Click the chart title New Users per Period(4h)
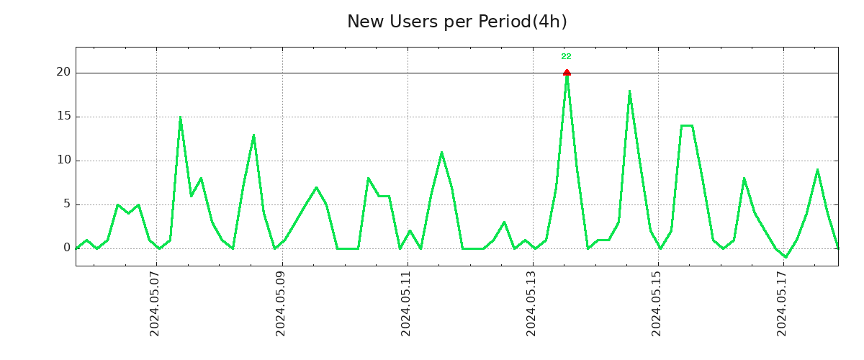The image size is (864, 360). pyautogui.click(x=456, y=22)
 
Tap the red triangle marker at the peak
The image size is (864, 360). pyautogui.click(x=567, y=72)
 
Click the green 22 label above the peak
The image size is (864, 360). pyautogui.click(x=566, y=56)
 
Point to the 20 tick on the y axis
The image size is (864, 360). pyautogui.click(x=63, y=72)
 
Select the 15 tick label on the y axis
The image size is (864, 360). pyautogui.click(x=63, y=117)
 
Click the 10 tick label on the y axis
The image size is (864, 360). pyautogui.click(x=63, y=161)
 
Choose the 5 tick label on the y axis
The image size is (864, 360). pyautogui.click(x=67, y=204)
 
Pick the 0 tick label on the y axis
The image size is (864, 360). pyautogui.click(x=67, y=248)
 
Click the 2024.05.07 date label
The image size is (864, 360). pyautogui.click(x=155, y=304)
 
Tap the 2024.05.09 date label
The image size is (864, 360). pyautogui.click(x=281, y=304)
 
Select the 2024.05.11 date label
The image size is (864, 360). pyautogui.click(x=406, y=304)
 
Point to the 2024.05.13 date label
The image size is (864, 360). pyautogui.click(x=532, y=304)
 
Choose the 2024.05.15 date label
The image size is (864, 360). pyautogui.click(x=657, y=304)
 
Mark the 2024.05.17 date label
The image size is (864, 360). pyautogui.click(x=783, y=304)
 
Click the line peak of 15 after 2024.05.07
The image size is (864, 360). pyautogui.click(x=180, y=117)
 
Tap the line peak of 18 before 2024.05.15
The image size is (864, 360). pyautogui.click(x=629, y=91)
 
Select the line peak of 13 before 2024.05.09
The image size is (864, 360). pyautogui.click(x=253, y=135)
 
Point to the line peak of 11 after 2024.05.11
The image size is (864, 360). pyautogui.click(x=441, y=152)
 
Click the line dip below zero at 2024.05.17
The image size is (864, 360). pyautogui.click(x=786, y=257)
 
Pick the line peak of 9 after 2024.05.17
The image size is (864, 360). pyautogui.click(x=817, y=170)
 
